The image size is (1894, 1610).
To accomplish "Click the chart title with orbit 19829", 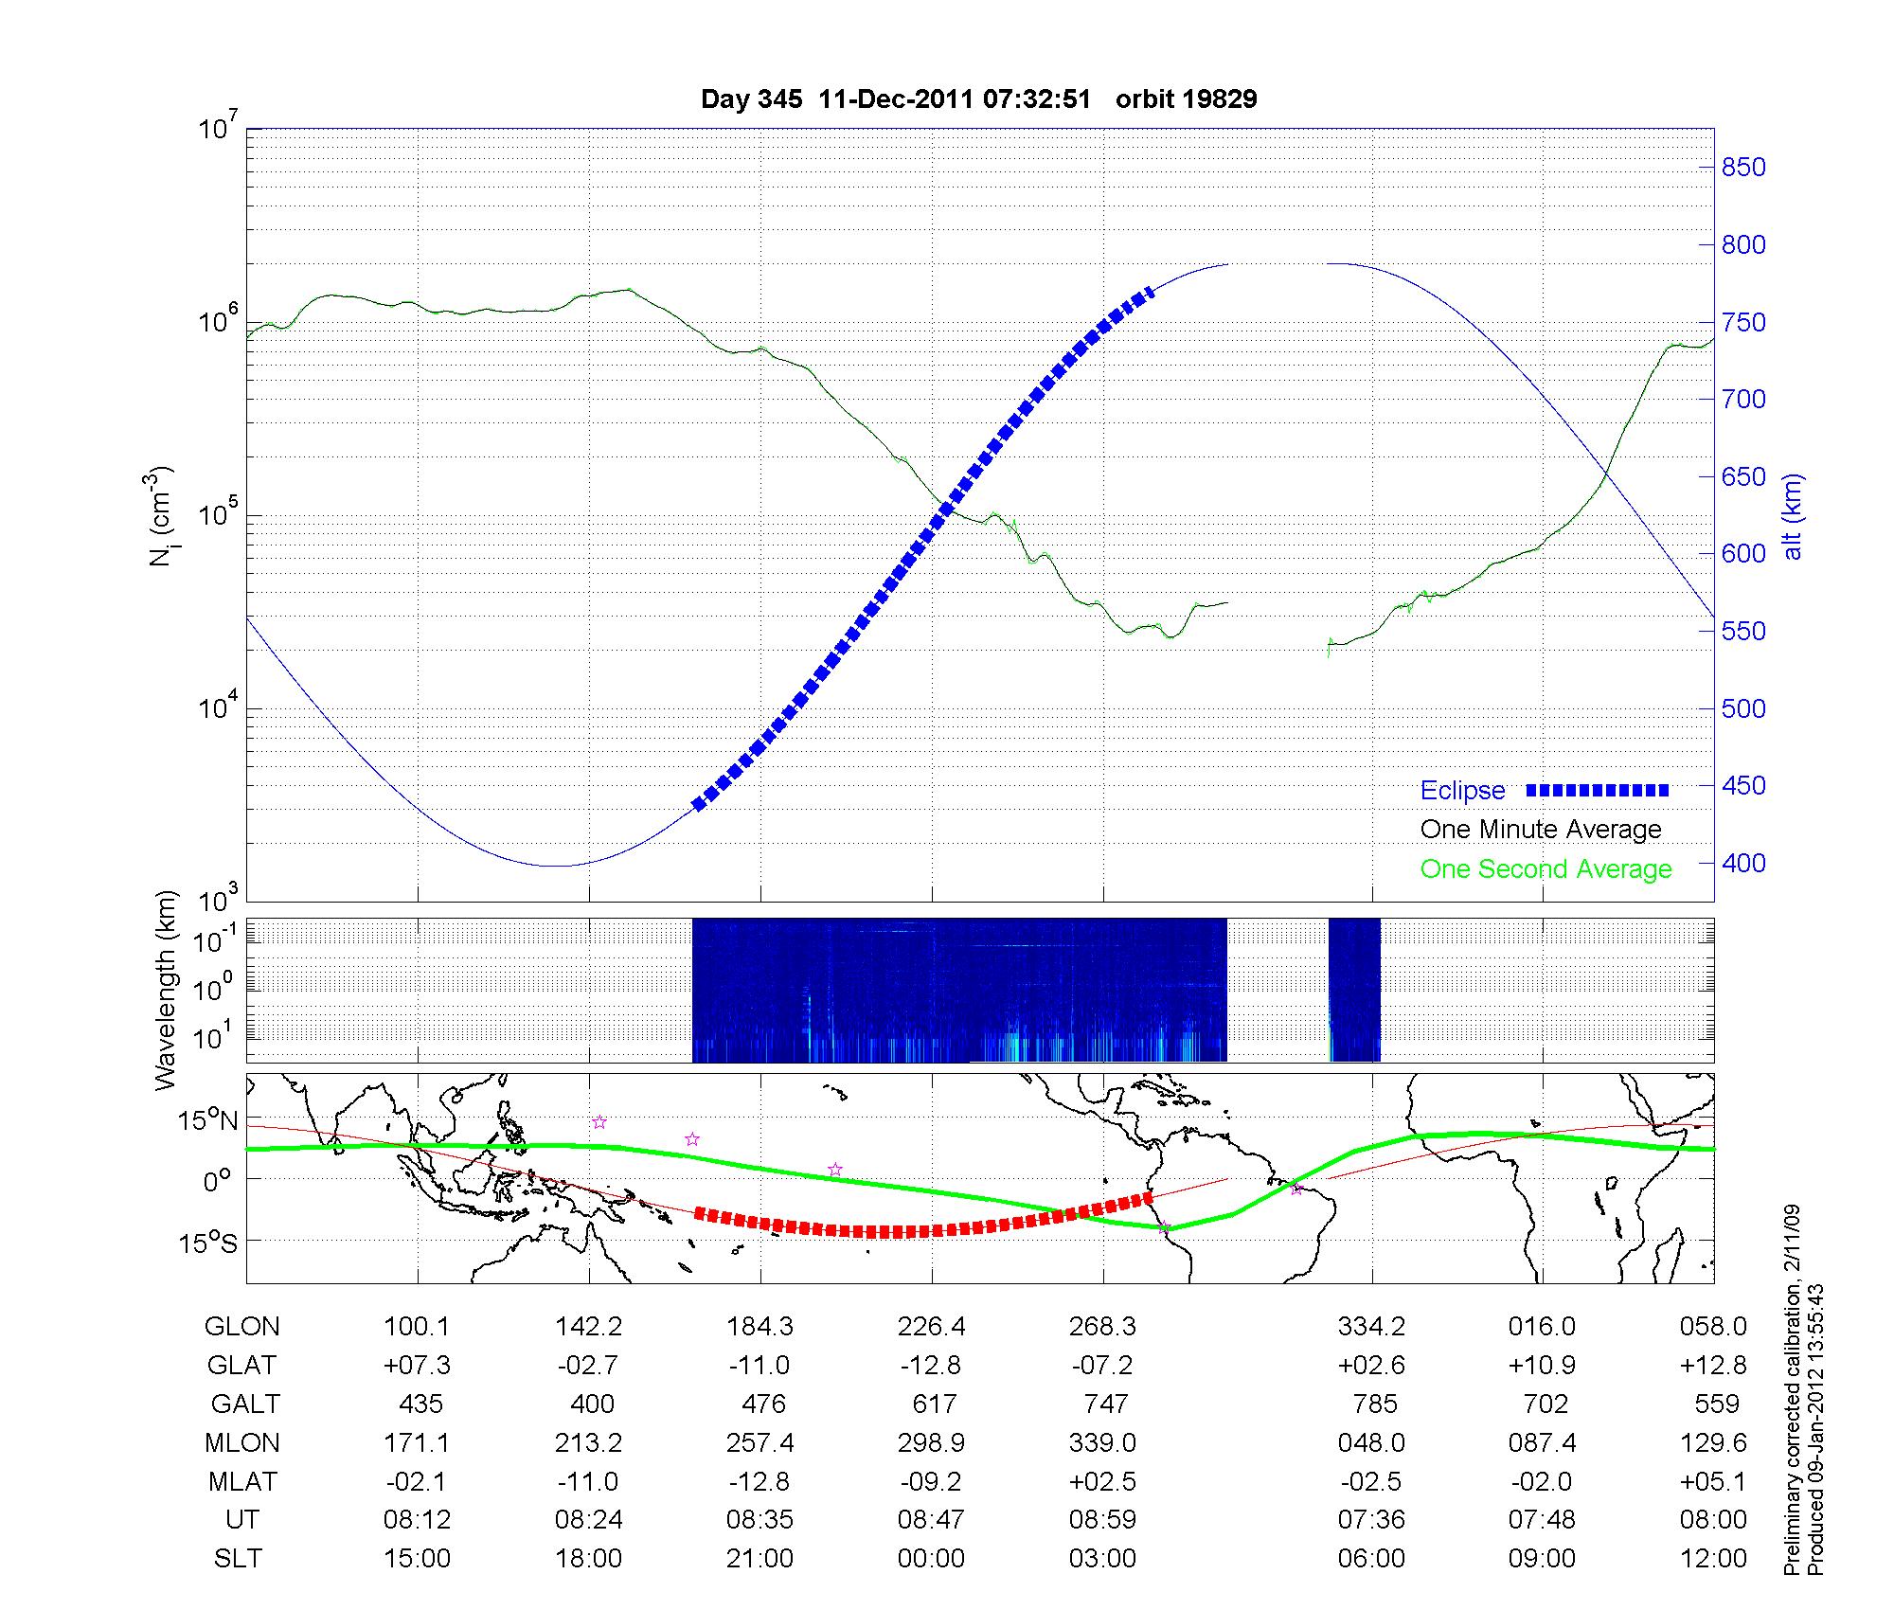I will (x=978, y=99).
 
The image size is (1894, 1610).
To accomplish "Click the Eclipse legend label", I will (x=1462, y=791).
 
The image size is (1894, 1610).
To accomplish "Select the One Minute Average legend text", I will (x=1541, y=830).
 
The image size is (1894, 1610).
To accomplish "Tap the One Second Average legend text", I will (x=1546, y=869).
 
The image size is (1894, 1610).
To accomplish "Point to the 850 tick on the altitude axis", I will (x=1743, y=168).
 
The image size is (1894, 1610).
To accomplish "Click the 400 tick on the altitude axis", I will (x=1743, y=864).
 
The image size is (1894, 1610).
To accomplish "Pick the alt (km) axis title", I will (x=1793, y=516).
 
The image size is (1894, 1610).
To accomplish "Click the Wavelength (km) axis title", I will (x=167, y=990).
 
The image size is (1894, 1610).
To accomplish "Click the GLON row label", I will (x=241, y=1327).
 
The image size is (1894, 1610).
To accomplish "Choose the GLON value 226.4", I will (x=932, y=1327).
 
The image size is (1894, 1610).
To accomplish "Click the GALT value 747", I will (x=1105, y=1404).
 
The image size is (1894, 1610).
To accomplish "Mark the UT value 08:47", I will (x=931, y=1520).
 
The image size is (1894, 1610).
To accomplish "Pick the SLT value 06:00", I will (x=1371, y=1559).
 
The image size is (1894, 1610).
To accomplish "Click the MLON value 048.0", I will (x=1371, y=1443).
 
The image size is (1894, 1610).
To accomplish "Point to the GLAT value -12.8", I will (x=932, y=1366).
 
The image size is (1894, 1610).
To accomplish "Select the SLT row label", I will (x=238, y=1559).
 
